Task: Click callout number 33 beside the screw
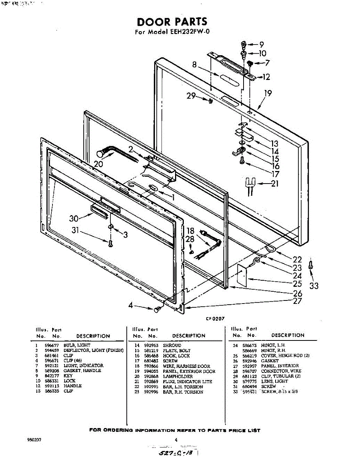tap(314, 286)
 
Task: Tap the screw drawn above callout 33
tap(311, 265)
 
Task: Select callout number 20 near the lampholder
tap(99, 164)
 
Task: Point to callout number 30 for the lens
tap(75, 219)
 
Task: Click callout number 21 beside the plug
tap(274, 184)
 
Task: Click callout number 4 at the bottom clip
tap(131, 305)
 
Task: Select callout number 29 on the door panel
tap(191, 96)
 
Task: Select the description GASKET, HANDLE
tap(82, 371)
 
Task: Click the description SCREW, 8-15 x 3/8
tap(279, 391)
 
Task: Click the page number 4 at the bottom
tap(176, 439)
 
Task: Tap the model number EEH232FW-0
tap(189, 32)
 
